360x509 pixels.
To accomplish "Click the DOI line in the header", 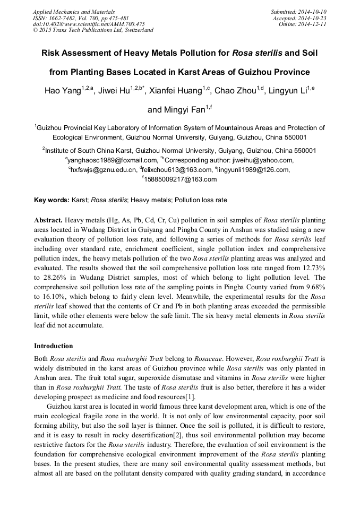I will pos(89,24).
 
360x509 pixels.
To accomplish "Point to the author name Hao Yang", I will pos(62,91).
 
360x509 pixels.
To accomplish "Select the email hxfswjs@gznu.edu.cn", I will pos(104,170).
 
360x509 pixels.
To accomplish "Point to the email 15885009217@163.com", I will pos(181,179).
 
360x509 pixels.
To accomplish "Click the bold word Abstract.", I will pos(48,220).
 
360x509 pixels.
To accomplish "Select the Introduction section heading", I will pos(54,346).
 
